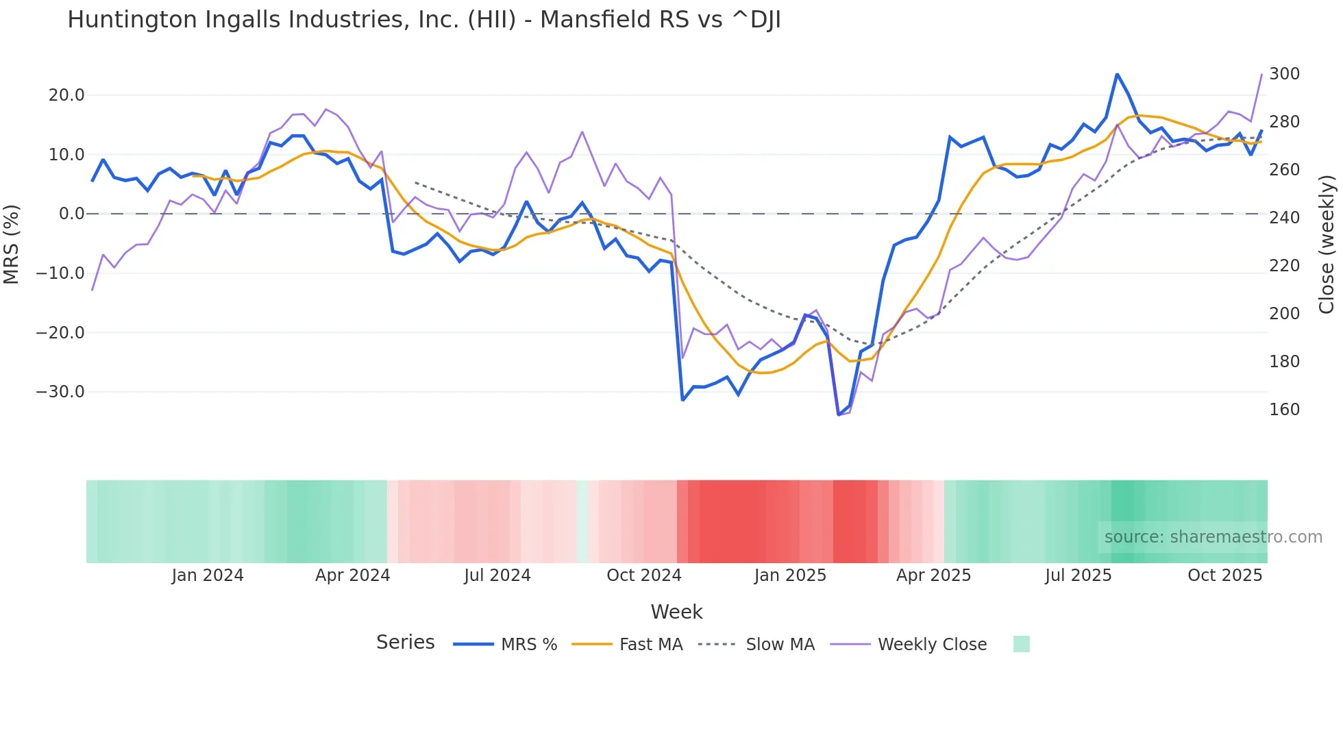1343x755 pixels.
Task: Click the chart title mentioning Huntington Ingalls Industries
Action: (423, 20)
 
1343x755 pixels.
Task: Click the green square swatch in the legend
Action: (1021, 644)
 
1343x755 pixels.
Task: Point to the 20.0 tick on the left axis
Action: (66, 95)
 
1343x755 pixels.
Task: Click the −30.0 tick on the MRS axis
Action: (60, 392)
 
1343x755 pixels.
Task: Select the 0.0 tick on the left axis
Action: (71, 214)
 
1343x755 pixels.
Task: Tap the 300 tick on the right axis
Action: (1284, 74)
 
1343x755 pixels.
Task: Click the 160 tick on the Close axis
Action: (1284, 410)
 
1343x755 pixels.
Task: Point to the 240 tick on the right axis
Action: (1284, 218)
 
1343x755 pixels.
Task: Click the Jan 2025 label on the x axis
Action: (790, 575)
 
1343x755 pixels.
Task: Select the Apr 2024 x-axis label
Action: (352, 575)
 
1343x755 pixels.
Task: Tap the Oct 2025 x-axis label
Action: (1224, 575)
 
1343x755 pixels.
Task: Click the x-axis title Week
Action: (676, 612)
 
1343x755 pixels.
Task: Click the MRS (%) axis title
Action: (12, 244)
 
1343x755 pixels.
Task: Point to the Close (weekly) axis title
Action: (1327, 244)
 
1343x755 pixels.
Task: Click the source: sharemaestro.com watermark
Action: (1213, 537)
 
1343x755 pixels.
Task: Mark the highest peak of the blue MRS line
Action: (1117, 74)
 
